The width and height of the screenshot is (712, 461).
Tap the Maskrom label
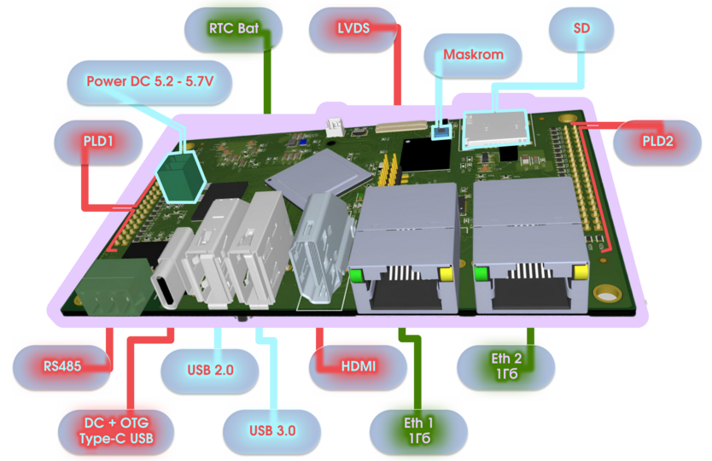(x=472, y=55)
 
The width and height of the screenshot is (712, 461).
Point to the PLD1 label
(x=99, y=138)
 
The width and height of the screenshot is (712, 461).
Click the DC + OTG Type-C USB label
(x=116, y=430)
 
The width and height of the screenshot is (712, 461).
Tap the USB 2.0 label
(x=210, y=371)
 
